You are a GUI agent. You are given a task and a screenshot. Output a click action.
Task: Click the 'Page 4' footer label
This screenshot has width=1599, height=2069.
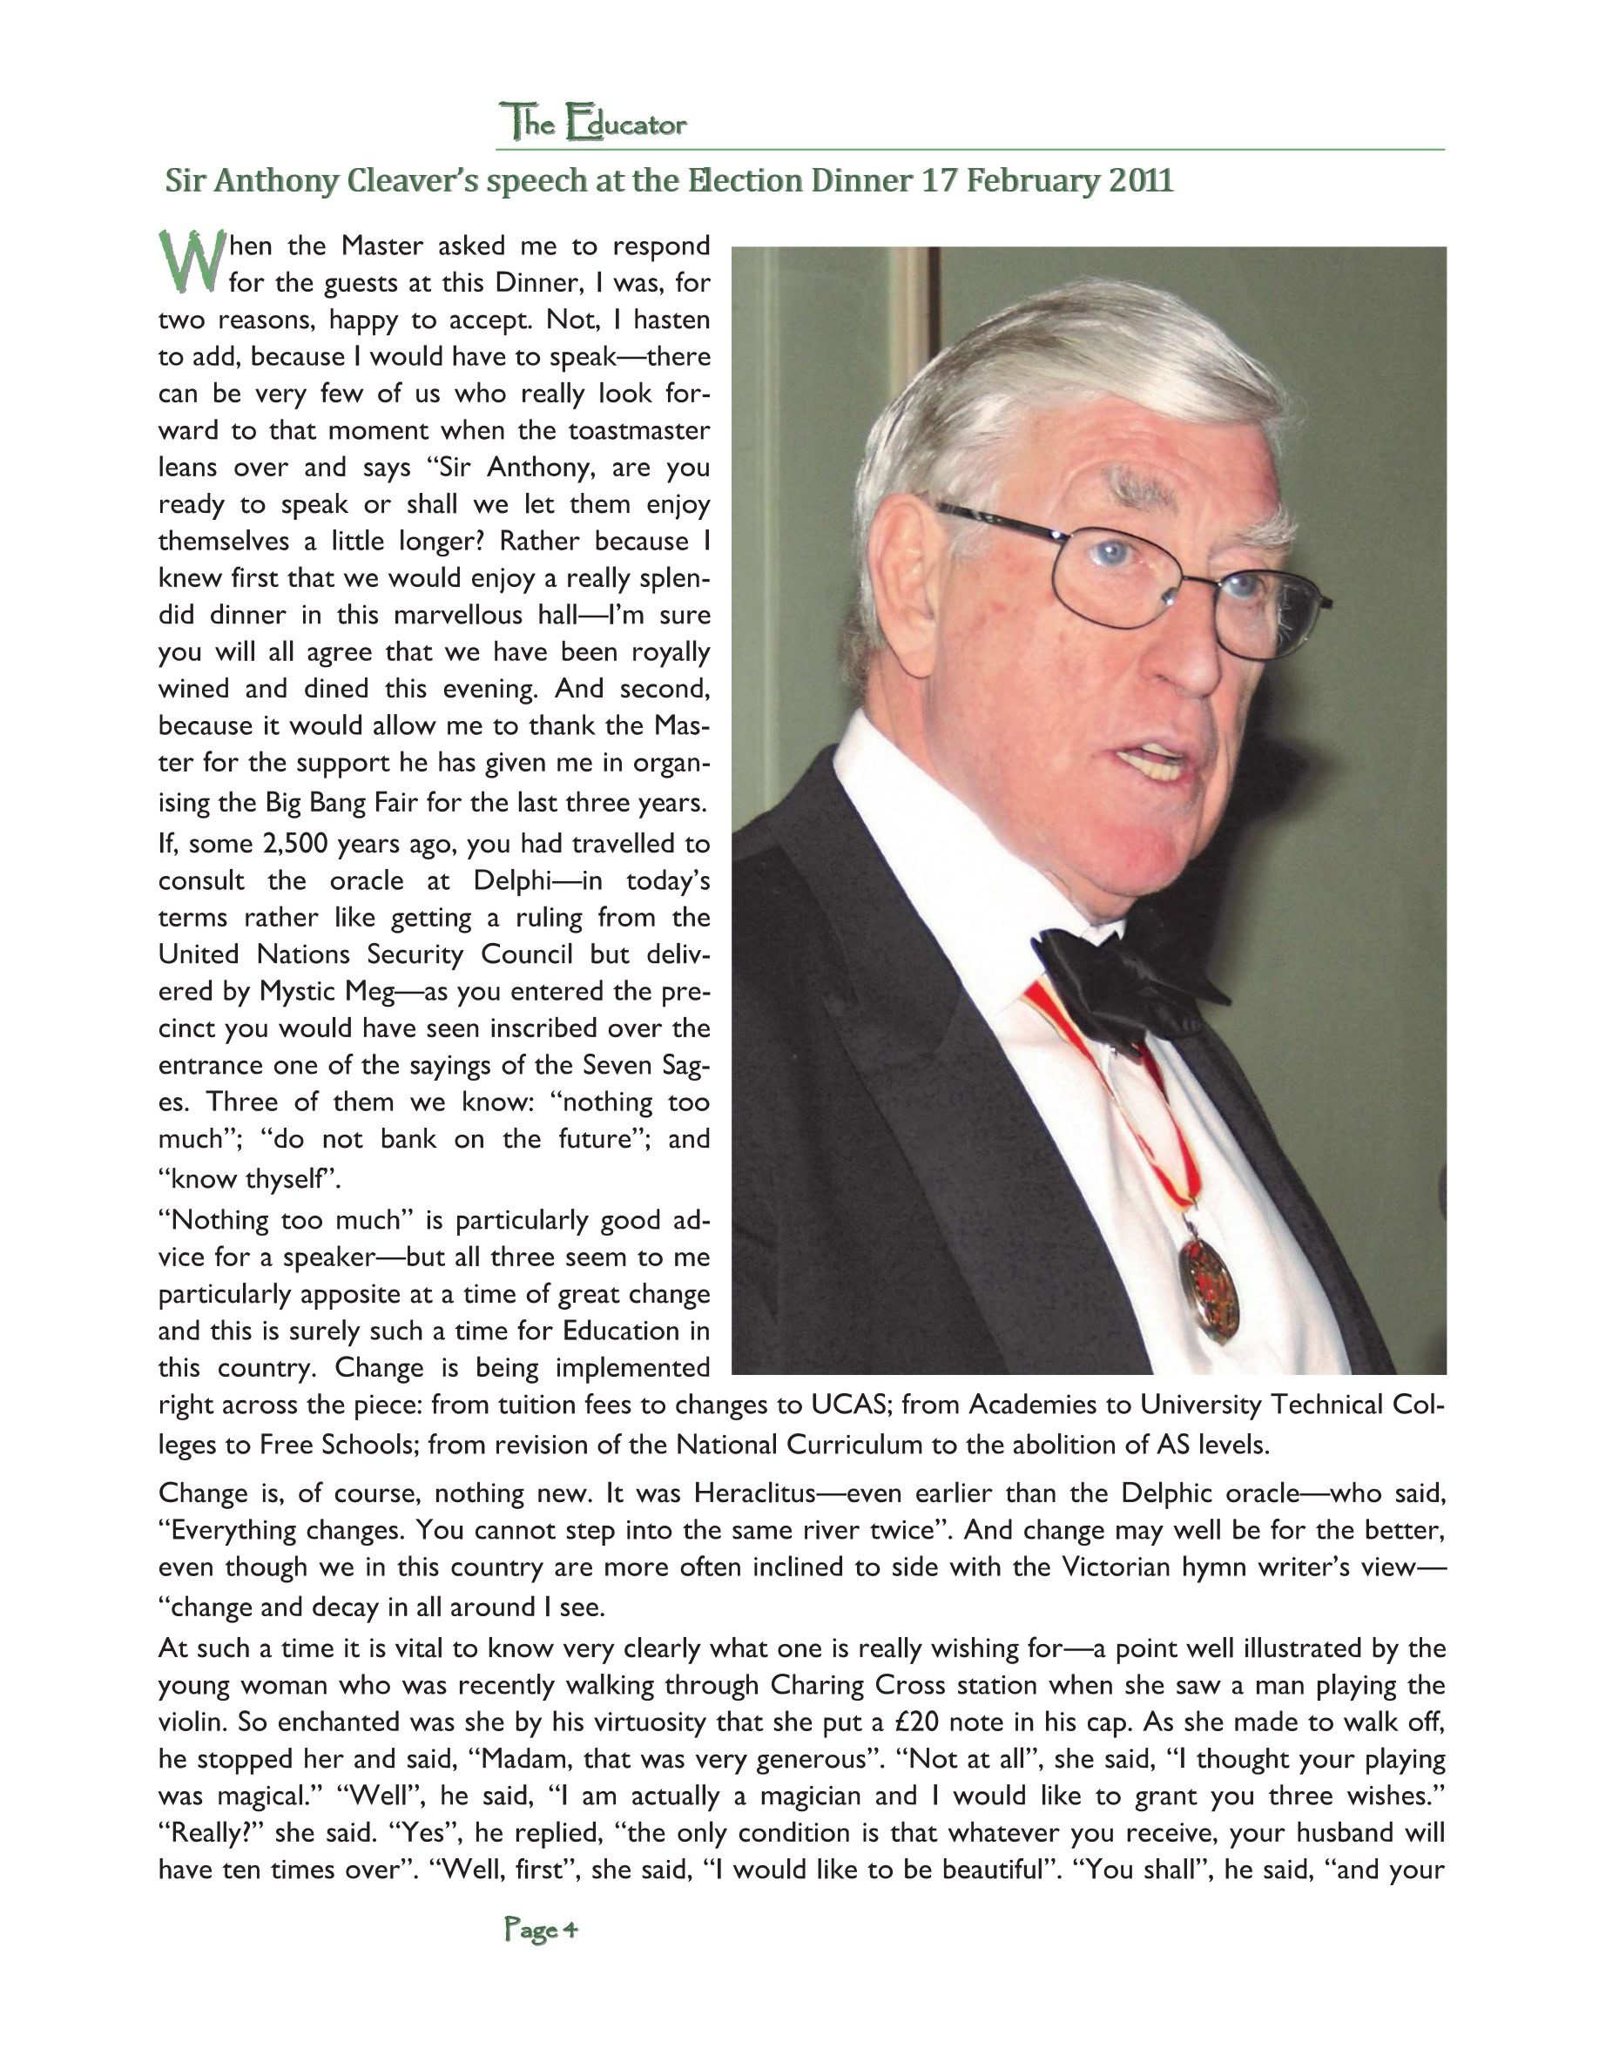pos(541,1929)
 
